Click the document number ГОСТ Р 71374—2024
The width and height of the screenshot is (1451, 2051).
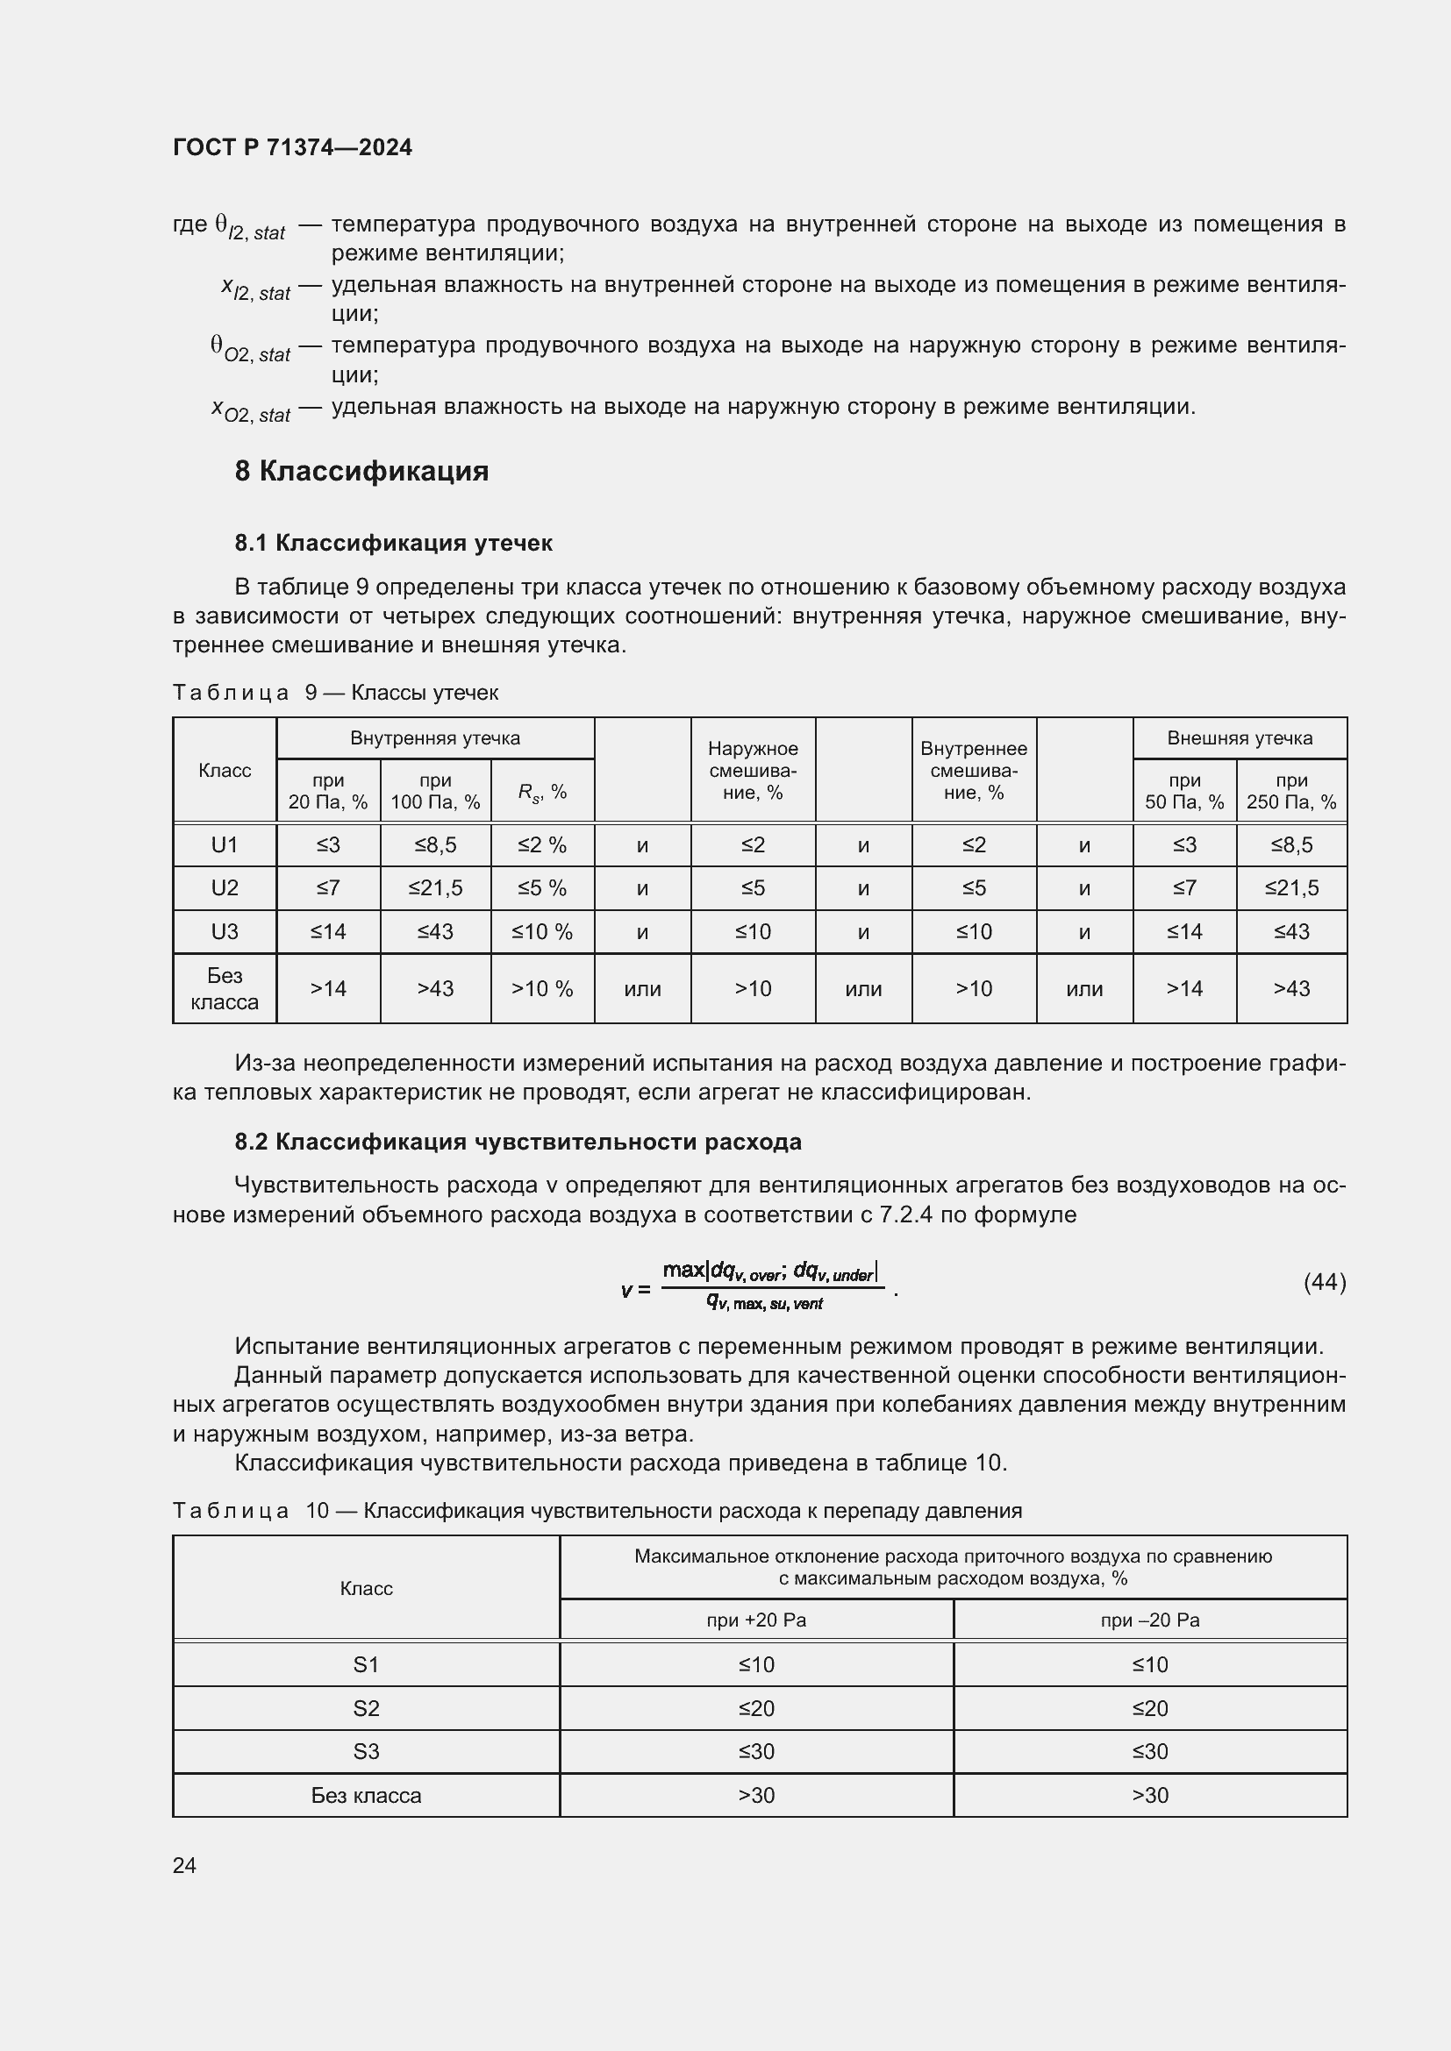(x=292, y=147)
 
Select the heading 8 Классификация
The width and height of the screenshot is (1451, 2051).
(x=361, y=471)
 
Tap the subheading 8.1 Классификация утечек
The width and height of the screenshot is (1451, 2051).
(x=393, y=542)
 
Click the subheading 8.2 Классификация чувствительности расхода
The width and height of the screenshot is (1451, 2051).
(x=518, y=1142)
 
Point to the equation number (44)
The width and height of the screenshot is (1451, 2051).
(x=1324, y=1283)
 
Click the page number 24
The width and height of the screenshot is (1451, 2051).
(x=184, y=1865)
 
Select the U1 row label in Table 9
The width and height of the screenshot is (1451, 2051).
(x=225, y=845)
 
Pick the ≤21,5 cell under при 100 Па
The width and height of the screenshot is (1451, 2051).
(x=435, y=888)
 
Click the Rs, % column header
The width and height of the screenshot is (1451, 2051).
(x=542, y=792)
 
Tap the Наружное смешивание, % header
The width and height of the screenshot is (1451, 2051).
(x=753, y=770)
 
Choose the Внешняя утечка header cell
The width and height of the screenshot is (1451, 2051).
(x=1240, y=737)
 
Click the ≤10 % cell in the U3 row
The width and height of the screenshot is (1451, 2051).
(x=542, y=932)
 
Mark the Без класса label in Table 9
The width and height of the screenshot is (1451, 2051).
(x=225, y=989)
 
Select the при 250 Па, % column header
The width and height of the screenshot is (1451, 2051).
(x=1291, y=792)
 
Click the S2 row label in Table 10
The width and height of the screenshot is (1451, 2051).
(x=367, y=1709)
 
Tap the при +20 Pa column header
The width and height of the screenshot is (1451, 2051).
(x=756, y=1620)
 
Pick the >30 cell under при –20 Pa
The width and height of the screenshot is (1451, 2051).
(x=1150, y=1796)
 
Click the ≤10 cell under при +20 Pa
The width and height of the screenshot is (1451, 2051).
(x=756, y=1665)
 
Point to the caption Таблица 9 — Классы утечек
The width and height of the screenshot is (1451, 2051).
(x=335, y=693)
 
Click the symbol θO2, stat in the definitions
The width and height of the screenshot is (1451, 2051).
(x=250, y=349)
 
